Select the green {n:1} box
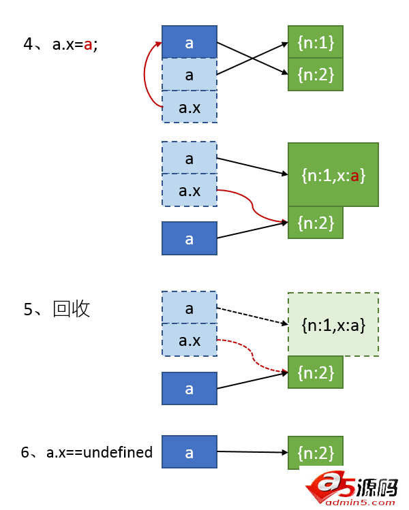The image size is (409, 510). (x=315, y=42)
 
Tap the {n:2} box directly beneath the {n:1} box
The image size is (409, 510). (x=315, y=74)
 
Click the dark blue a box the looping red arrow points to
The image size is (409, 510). (x=190, y=42)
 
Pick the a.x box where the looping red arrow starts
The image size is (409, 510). (x=190, y=107)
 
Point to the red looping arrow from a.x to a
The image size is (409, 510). (x=145, y=75)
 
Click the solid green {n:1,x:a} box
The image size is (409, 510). (x=333, y=175)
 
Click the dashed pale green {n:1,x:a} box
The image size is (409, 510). (x=333, y=325)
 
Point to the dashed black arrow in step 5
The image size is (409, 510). (x=251, y=316)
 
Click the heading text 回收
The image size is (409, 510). (x=72, y=309)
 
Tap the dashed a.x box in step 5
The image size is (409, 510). (x=190, y=340)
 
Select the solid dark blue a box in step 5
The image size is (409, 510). (x=190, y=388)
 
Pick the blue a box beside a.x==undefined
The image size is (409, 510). (x=190, y=452)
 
